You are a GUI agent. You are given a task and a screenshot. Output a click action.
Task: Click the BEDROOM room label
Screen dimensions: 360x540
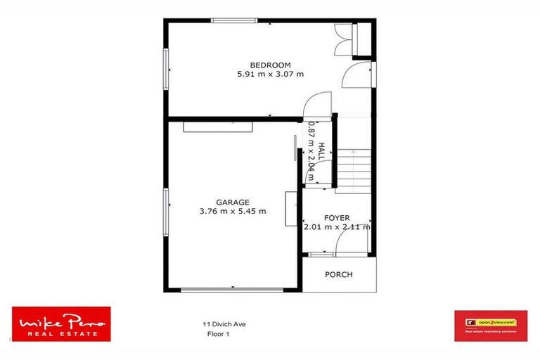click(x=270, y=65)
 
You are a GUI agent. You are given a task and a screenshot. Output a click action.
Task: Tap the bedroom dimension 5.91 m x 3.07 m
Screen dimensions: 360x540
click(x=270, y=74)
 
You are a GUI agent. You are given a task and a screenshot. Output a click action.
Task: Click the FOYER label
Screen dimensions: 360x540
click(x=337, y=218)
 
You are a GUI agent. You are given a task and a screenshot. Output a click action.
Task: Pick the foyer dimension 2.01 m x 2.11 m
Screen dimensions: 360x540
click(x=337, y=227)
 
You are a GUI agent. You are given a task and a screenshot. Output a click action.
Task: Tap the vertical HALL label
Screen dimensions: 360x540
click(x=321, y=153)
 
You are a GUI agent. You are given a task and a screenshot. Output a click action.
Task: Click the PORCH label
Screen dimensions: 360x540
click(x=338, y=274)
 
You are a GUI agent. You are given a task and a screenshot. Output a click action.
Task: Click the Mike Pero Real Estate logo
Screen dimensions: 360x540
click(x=61, y=324)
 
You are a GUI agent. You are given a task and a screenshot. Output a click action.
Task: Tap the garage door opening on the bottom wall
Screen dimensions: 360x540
click(x=233, y=289)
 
